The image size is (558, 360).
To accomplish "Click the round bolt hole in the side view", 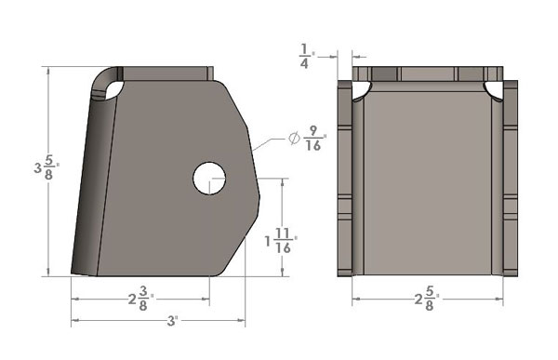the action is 209,178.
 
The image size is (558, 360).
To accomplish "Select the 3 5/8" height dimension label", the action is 46,167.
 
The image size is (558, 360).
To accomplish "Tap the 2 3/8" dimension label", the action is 141,299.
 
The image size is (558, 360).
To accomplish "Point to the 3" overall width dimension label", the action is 172,321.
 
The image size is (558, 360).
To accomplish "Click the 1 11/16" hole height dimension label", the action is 281,241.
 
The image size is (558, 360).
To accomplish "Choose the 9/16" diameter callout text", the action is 314,139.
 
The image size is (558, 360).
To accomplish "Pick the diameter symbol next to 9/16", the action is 294,138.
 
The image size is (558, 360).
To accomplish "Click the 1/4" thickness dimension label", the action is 306,56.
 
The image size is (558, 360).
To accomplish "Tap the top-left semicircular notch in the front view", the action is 360,91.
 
